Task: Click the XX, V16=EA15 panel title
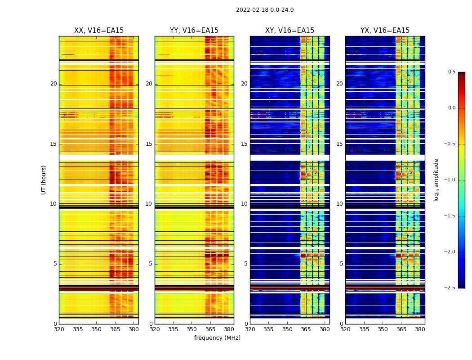[x=99, y=31]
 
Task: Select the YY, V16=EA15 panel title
[x=194, y=31]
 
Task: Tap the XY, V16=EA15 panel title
[x=289, y=31]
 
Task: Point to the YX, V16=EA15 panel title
[x=385, y=31]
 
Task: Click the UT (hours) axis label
[x=44, y=180]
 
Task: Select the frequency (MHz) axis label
[x=217, y=338]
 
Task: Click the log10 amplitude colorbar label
[x=436, y=180]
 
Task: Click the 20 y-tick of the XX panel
[x=53, y=84]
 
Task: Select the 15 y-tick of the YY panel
[x=149, y=144]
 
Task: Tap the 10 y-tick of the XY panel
[x=244, y=204]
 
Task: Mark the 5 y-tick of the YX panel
[x=341, y=264]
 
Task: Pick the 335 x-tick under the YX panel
[x=364, y=329]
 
